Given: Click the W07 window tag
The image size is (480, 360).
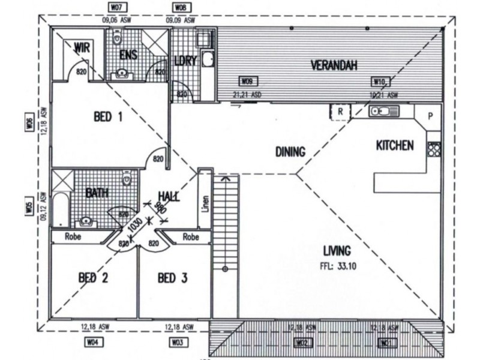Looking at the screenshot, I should (x=117, y=8).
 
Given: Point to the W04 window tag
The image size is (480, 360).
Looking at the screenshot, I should (x=92, y=343).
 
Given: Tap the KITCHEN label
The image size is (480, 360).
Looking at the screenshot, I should (x=394, y=145).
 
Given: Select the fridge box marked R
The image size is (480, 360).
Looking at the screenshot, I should (x=340, y=112).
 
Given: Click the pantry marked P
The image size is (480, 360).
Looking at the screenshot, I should (x=431, y=116).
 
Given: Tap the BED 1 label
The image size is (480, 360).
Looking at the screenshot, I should (x=108, y=118).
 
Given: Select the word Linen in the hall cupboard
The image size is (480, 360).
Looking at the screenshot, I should (x=205, y=204).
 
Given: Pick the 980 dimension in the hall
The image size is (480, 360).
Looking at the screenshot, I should (x=160, y=209).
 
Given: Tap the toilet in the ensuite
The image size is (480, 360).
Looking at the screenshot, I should (x=118, y=38).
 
